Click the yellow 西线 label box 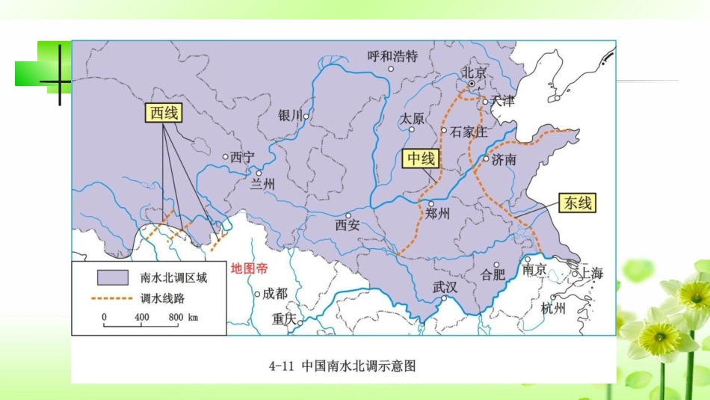point(164,113)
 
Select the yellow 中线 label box point(420,159)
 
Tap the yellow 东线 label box point(578,203)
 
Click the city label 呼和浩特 point(393,56)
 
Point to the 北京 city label point(474,73)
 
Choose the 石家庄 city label point(469,132)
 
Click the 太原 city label point(412,118)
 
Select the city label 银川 point(290,115)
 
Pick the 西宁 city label point(242,157)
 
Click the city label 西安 point(348,224)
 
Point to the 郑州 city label point(436,213)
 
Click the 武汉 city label point(445,286)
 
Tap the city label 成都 point(275,293)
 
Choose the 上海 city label point(591,274)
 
